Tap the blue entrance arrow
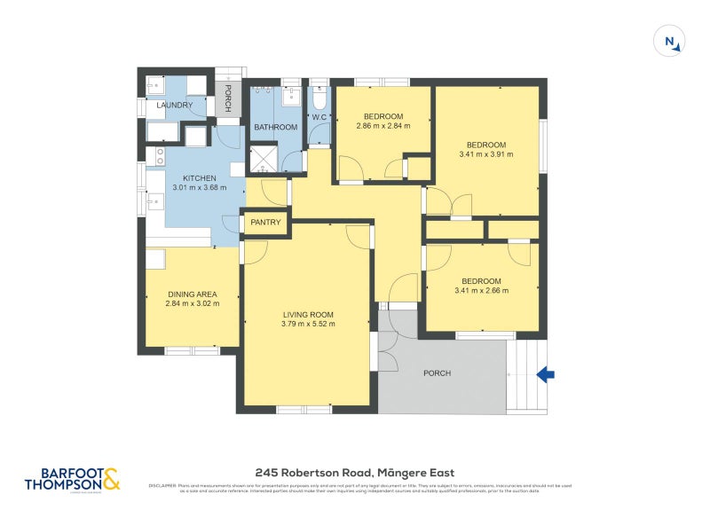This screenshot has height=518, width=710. coord(546,375)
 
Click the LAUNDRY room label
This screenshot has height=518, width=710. coord(174,106)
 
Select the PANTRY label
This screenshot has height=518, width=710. coord(265,223)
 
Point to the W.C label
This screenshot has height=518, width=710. coord(319,117)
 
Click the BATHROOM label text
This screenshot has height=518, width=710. coord(276,127)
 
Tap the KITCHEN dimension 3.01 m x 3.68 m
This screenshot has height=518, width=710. coord(200,187)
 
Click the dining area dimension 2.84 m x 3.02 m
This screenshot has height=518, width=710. coord(193,304)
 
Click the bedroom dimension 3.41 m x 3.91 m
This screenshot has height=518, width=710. coord(486,154)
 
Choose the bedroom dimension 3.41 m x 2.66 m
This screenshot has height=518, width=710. coord(482,290)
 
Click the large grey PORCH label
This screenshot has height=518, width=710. coord(436,373)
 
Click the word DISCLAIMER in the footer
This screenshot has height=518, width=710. coord(162,486)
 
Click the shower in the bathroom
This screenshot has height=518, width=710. coord(263,158)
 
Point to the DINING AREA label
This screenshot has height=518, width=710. coord(193,294)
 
